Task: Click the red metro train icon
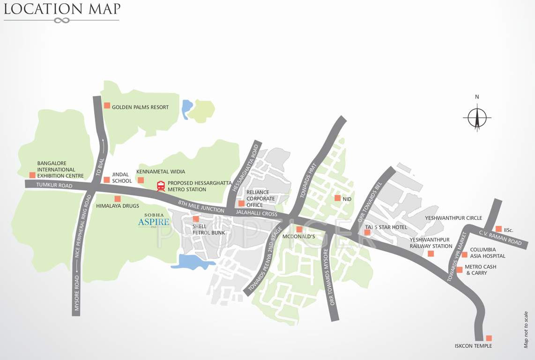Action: click(x=161, y=186)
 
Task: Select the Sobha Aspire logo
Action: click(x=154, y=220)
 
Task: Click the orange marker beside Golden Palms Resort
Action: click(x=107, y=105)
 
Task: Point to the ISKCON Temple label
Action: click(x=473, y=346)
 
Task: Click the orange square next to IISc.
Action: click(x=498, y=229)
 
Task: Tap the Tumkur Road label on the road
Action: click(x=55, y=186)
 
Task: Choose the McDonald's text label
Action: click(x=298, y=237)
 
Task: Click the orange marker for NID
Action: click(x=337, y=198)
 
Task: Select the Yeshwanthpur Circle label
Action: click(x=453, y=218)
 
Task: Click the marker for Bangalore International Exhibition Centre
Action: click(x=32, y=175)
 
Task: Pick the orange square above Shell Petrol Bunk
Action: click(x=196, y=219)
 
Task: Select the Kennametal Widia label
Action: click(x=160, y=172)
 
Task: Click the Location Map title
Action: click(x=62, y=8)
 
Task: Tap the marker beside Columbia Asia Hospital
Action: click(x=464, y=255)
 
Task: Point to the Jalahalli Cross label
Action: click(x=257, y=213)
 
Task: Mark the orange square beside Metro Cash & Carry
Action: click(x=460, y=270)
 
